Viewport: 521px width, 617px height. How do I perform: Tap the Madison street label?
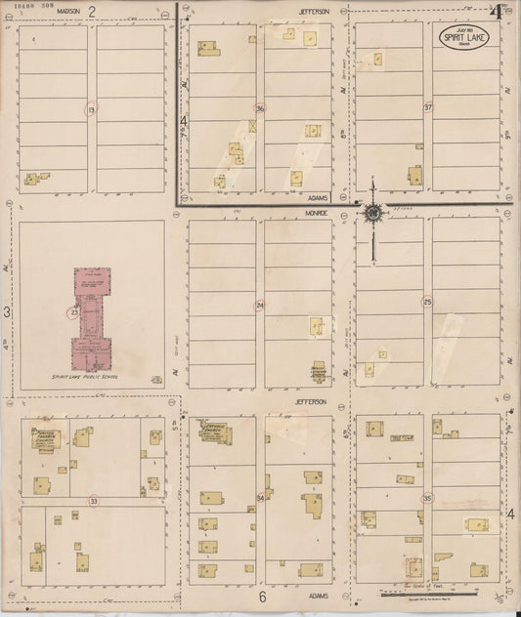pyautogui.click(x=67, y=11)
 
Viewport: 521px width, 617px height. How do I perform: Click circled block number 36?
pyautogui.click(x=260, y=107)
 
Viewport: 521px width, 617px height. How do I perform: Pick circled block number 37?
pyautogui.click(x=428, y=106)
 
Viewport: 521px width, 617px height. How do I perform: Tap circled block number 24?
pyautogui.click(x=260, y=306)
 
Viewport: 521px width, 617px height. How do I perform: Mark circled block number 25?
pyautogui.click(x=427, y=301)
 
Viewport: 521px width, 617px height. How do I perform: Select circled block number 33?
pyautogui.click(x=93, y=501)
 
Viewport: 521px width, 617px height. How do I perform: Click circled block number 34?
pyautogui.click(x=260, y=499)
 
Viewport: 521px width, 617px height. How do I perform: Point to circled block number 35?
pyautogui.click(x=427, y=498)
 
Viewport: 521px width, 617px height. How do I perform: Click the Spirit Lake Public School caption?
pyautogui.click(x=91, y=375)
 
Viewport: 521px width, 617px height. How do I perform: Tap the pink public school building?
pyautogui.click(x=91, y=316)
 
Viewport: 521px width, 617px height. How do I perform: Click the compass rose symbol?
pyautogui.click(x=372, y=213)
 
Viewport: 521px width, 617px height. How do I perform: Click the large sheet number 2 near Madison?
pyautogui.click(x=92, y=11)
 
